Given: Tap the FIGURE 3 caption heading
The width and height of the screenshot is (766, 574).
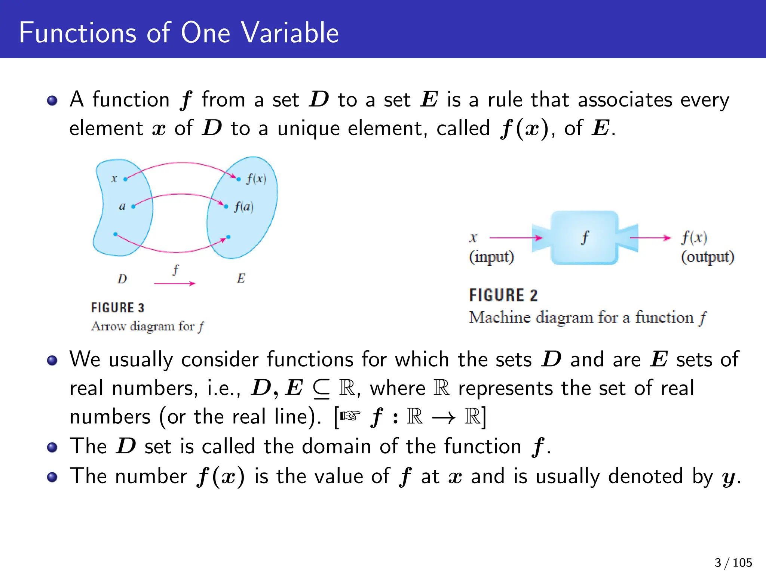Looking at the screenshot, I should (117, 308).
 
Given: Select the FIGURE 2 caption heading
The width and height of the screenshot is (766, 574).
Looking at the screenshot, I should (503, 295).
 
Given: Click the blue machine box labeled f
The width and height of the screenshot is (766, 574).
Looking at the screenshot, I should (584, 238).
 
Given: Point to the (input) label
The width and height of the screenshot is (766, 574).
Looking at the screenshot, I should (491, 257).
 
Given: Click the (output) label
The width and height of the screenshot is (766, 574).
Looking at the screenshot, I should (707, 257).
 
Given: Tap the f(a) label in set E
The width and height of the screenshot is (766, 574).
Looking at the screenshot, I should (244, 207).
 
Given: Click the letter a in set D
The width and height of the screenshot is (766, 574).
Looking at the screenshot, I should (122, 206).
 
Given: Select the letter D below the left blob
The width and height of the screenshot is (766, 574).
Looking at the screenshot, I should (122, 279).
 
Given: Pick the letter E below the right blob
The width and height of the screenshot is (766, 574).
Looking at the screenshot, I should (241, 278).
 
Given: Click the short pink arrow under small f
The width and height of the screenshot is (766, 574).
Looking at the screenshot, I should (175, 284).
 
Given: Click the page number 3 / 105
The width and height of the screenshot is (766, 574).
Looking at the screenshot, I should (733, 562).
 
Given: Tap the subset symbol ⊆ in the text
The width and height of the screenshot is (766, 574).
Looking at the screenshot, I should (321, 389).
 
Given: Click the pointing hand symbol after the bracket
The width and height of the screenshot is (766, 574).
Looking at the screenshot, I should (350, 416).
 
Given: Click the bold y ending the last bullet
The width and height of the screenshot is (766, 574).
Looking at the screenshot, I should (729, 478).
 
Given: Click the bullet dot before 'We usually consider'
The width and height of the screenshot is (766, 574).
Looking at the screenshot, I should (52, 360).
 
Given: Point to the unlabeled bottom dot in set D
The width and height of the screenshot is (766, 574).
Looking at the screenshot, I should (115, 234).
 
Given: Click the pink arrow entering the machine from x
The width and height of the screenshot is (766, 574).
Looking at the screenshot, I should (515, 238).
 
